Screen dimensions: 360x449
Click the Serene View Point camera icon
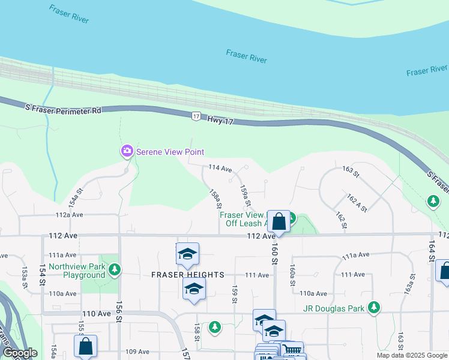click(127, 152)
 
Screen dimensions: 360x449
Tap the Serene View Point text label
click(170, 152)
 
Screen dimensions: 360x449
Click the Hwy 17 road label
click(220, 121)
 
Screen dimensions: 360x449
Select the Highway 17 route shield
click(196, 116)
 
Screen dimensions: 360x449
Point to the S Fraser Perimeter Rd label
click(63, 110)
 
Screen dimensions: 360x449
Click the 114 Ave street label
click(220, 169)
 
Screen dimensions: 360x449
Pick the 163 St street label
click(351, 174)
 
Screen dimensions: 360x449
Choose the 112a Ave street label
click(69, 214)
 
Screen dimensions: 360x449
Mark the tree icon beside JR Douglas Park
click(374, 308)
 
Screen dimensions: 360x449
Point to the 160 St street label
click(274, 253)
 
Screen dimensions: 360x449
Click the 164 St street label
click(431, 250)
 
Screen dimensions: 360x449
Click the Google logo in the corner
click(19, 353)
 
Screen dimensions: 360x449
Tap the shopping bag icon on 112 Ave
click(279, 221)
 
